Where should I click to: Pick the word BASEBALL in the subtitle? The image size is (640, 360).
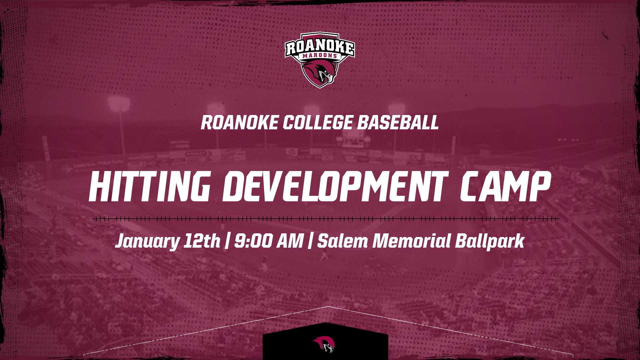point(398,122)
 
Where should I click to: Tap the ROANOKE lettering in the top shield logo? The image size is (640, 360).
point(320,47)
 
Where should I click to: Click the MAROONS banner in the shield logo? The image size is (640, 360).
point(320,56)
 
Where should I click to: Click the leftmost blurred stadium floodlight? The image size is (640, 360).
point(118,104)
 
